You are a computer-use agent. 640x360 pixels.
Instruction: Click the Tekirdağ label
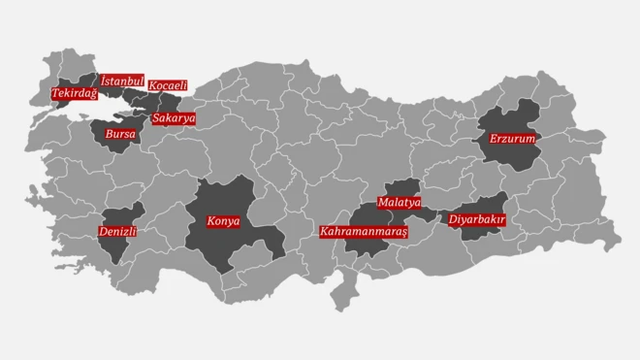pyautogui.click(x=75, y=93)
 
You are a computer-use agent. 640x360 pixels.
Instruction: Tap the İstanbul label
pyautogui.click(x=122, y=81)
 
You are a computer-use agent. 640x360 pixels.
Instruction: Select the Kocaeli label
pyautogui.click(x=168, y=85)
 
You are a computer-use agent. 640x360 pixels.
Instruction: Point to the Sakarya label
pyautogui.click(x=174, y=118)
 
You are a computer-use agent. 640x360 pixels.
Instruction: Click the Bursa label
pyautogui.click(x=120, y=132)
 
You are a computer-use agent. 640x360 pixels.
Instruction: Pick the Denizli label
pyautogui.click(x=117, y=232)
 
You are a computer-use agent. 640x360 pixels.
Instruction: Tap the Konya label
pyautogui.click(x=223, y=221)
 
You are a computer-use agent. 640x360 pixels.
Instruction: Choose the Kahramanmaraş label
pyautogui.click(x=365, y=233)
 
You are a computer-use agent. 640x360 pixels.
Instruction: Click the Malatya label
pyautogui.click(x=400, y=203)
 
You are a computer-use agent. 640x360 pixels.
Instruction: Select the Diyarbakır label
pyautogui.click(x=476, y=220)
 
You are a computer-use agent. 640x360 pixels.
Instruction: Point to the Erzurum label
pyautogui.click(x=512, y=139)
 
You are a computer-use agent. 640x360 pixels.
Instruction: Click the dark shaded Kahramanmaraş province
pyautogui.click(x=364, y=248)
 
